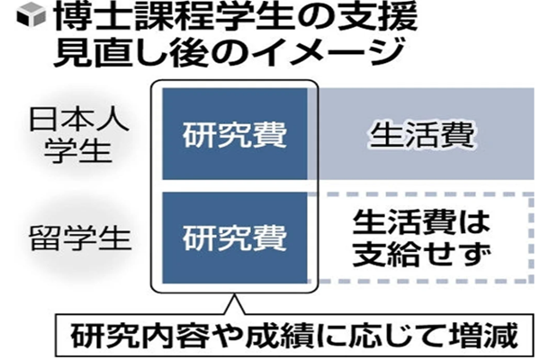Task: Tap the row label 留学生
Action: click(x=79, y=238)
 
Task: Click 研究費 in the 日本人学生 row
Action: click(x=235, y=134)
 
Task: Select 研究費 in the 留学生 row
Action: click(x=235, y=238)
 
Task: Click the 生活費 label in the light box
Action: click(x=422, y=134)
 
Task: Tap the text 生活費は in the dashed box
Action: click(x=421, y=222)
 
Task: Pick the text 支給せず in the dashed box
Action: click(x=421, y=254)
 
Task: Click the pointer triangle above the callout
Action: click(x=235, y=304)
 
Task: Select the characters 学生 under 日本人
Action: click(x=78, y=151)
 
